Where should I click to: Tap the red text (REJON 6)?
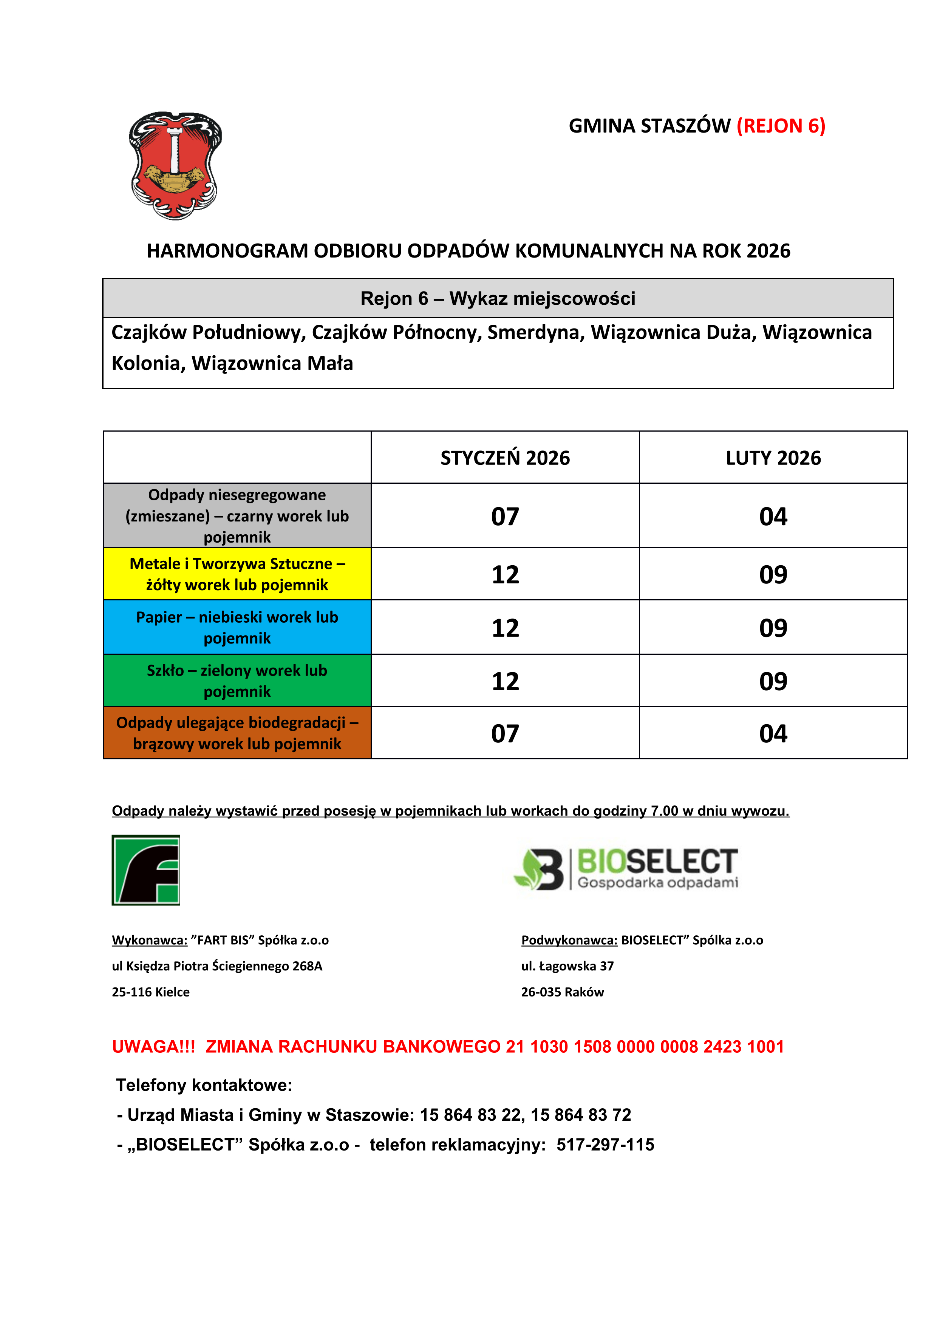pyautogui.click(x=781, y=126)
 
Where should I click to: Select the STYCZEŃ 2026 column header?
pyautogui.click(x=505, y=458)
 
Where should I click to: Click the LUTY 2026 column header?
pyautogui.click(x=773, y=458)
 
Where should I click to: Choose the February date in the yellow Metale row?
pyautogui.click(x=773, y=575)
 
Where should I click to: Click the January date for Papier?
pyautogui.click(x=505, y=628)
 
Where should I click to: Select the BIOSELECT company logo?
pyautogui.click(x=626, y=868)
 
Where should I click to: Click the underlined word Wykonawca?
pyautogui.click(x=150, y=940)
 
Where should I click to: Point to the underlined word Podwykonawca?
pyautogui.click(x=569, y=940)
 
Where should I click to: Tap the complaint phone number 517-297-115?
pyautogui.click(x=605, y=1145)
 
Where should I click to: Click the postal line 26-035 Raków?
pyautogui.click(x=562, y=992)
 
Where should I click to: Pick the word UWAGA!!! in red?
pyautogui.click(x=153, y=1047)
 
